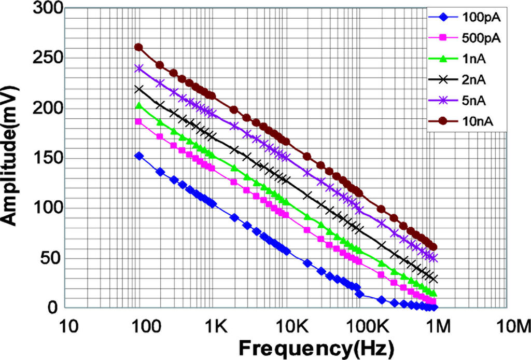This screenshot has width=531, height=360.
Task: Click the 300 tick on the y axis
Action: pyautogui.click(x=47, y=9)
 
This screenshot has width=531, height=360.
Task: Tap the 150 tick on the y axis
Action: pyautogui.click(x=47, y=159)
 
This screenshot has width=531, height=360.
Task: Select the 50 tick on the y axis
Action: pyautogui.click(x=51, y=258)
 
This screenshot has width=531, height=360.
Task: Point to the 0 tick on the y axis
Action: pyautogui.click(x=56, y=308)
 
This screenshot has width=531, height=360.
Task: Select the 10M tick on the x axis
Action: pyautogui.click(x=513, y=326)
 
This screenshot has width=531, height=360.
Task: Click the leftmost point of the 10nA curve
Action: pyautogui.click(x=138, y=47)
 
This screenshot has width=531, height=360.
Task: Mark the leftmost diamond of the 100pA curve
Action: pyautogui.click(x=138, y=156)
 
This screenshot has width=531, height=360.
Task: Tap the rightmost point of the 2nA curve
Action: pyautogui.click(x=434, y=279)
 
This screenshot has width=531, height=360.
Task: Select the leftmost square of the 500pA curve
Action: pyautogui.click(x=138, y=121)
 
